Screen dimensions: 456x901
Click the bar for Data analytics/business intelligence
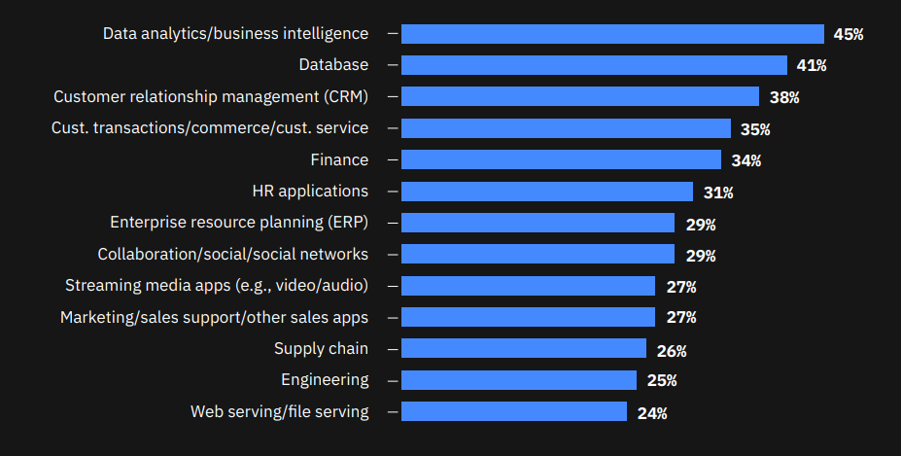(x=612, y=34)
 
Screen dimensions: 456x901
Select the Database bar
(x=594, y=65)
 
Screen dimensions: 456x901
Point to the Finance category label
(x=339, y=159)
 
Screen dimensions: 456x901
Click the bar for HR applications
(x=546, y=192)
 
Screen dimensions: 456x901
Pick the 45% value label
(x=849, y=34)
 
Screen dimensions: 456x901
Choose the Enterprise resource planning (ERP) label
(x=239, y=223)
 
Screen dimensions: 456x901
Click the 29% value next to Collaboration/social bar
(x=700, y=255)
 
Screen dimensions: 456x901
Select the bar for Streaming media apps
(x=528, y=286)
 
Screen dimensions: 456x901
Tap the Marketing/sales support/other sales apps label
(x=215, y=317)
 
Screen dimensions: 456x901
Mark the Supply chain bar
(x=523, y=348)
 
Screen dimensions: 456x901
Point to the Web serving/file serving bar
(x=513, y=412)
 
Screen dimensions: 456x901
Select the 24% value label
(x=652, y=412)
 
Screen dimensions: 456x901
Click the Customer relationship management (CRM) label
(x=211, y=97)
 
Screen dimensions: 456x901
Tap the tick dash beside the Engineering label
(x=393, y=380)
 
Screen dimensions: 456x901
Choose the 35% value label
(x=755, y=128)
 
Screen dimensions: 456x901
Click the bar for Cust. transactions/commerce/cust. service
(x=566, y=128)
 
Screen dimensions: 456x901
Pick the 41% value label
(x=811, y=65)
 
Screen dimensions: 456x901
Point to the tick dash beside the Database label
(x=393, y=65)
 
